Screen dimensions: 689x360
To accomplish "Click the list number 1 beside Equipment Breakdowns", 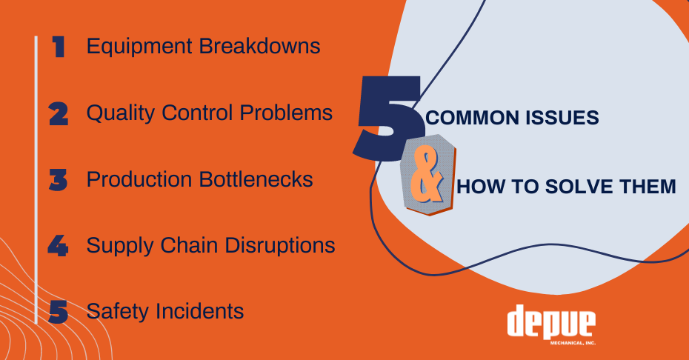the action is [59, 47].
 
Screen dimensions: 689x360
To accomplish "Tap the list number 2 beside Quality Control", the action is [59, 114].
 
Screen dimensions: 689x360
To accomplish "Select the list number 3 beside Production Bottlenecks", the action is [58, 180].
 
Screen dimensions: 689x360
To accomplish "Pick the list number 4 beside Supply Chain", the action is [58, 246].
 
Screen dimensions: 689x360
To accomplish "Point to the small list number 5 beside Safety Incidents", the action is [58, 312].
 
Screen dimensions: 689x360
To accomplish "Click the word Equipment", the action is [139, 47].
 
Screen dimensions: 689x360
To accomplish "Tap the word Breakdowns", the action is [260, 46].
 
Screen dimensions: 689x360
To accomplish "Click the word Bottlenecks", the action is [256, 179].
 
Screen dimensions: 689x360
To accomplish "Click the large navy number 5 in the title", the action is [389, 118].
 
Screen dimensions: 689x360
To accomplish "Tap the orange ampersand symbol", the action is [426, 175].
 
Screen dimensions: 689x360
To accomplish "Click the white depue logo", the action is [551, 321].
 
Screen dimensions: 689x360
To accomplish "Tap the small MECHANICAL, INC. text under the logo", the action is [573, 343].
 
